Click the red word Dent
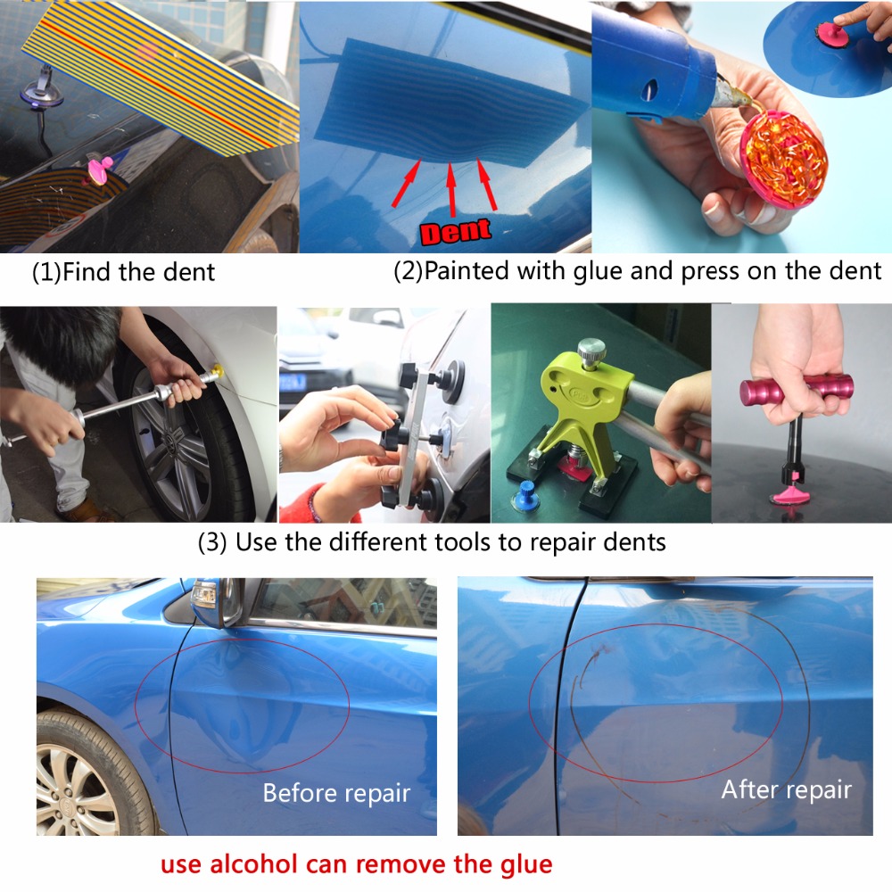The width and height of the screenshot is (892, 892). click(x=456, y=232)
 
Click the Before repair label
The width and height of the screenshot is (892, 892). click(x=337, y=793)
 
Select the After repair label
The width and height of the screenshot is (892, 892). click(x=786, y=789)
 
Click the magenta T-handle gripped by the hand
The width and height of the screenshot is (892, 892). click(x=796, y=391)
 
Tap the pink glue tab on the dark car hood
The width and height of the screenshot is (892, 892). click(x=99, y=170)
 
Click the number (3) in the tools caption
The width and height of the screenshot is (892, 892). click(x=212, y=542)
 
